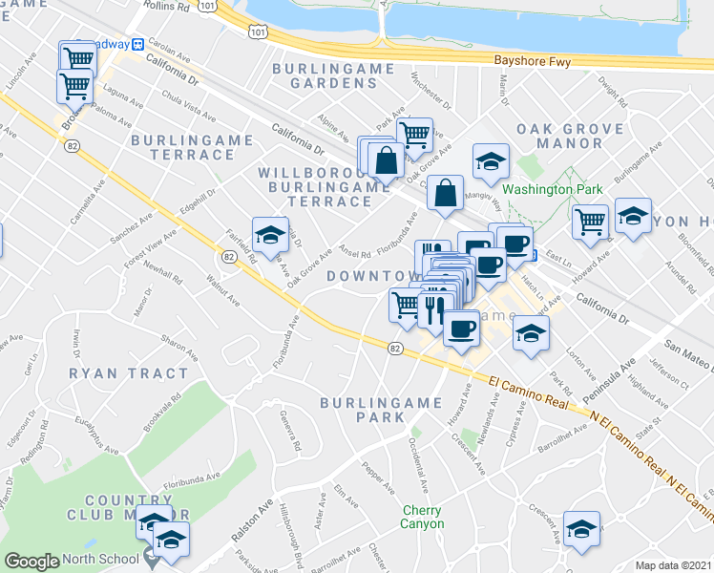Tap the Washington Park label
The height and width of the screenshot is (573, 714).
point(553,189)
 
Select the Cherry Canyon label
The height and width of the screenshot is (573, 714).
point(422,517)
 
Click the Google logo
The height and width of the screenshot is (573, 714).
point(31,562)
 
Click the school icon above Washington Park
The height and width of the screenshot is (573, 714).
point(490,161)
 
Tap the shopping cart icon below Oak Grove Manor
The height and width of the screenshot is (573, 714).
point(591,221)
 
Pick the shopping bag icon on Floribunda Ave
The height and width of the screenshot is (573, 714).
point(446,193)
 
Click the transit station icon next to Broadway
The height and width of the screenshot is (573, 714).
point(137,44)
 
